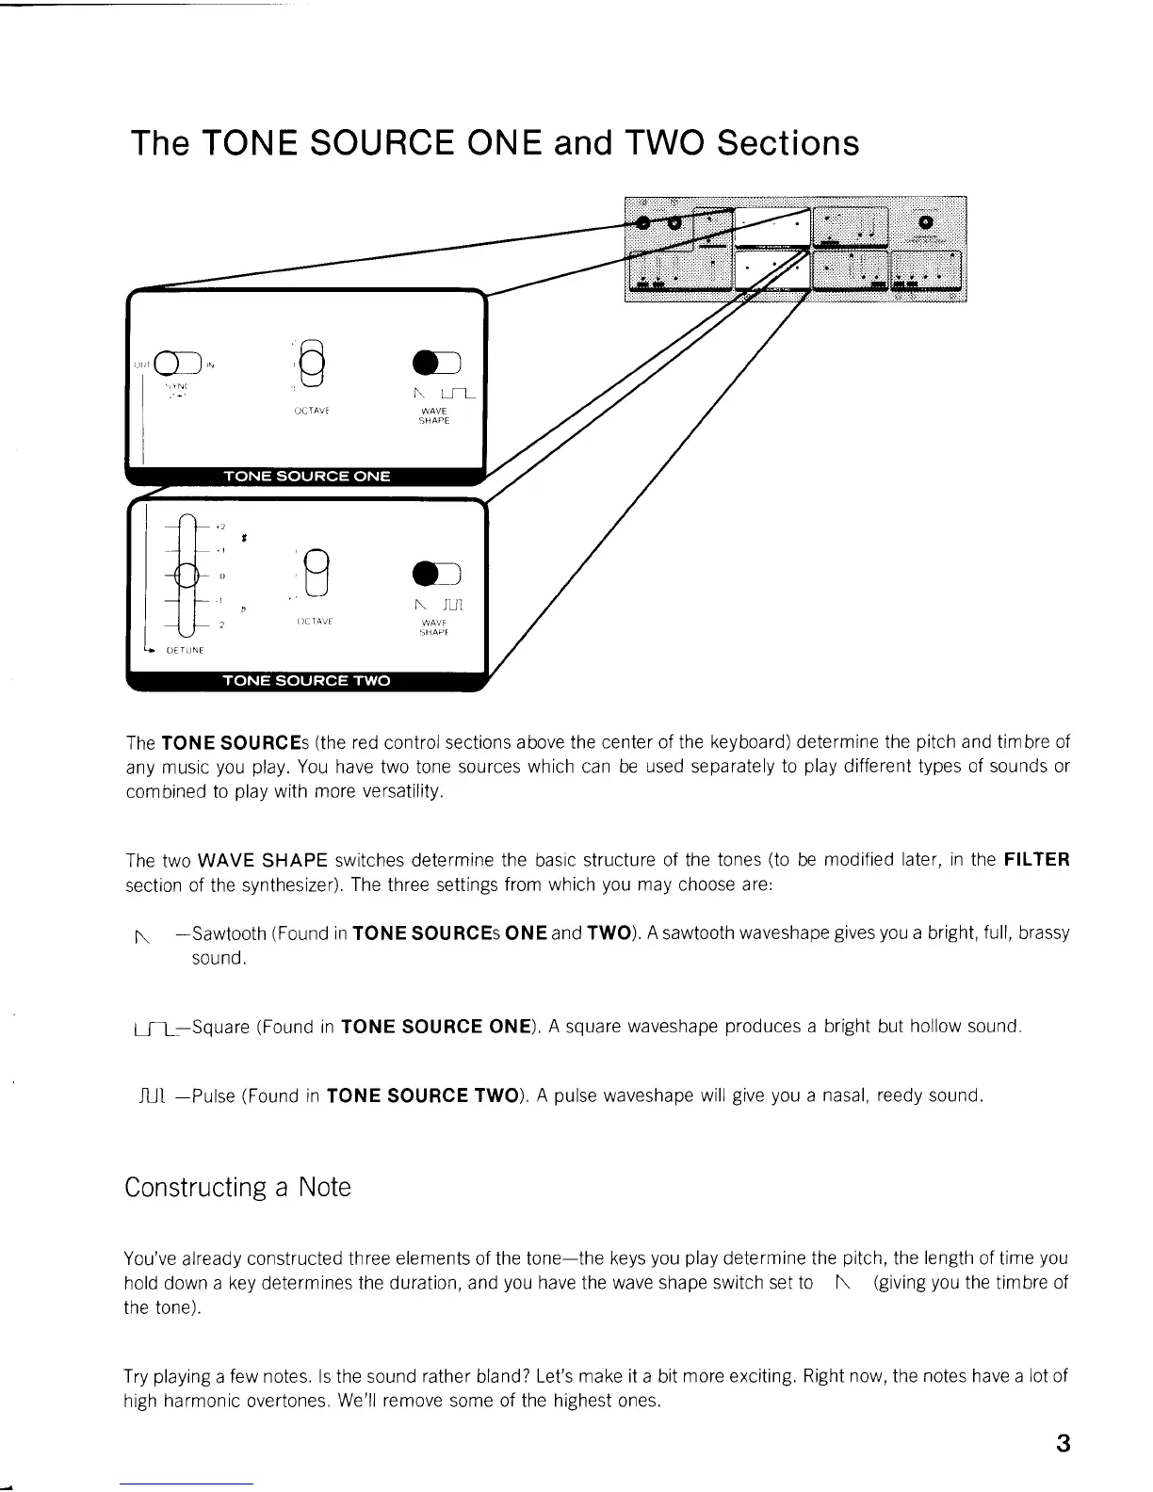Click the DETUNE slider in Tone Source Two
pyautogui.click(x=187, y=575)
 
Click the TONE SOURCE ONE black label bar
pyautogui.click(x=306, y=476)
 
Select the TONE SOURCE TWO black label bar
pyautogui.click(x=306, y=680)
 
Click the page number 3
pyautogui.click(x=1064, y=1443)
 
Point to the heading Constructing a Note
pyautogui.click(x=237, y=1187)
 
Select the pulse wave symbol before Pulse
pyautogui.click(x=151, y=1095)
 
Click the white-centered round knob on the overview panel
pyautogui.click(x=925, y=221)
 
